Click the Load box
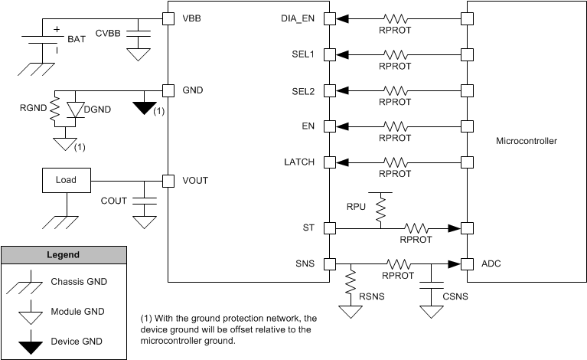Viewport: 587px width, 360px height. coord(66,182)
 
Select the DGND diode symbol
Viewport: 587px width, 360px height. coord(76,110)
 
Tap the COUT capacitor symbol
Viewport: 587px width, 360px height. coord(142,200)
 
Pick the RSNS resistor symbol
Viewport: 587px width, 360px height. coord(351,283)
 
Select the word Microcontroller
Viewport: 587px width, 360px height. coord(527,142)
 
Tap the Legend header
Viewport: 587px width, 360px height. coord(64,254)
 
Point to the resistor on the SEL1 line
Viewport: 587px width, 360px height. coord(395,54)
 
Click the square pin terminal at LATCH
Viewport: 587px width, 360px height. coord(329,162)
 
